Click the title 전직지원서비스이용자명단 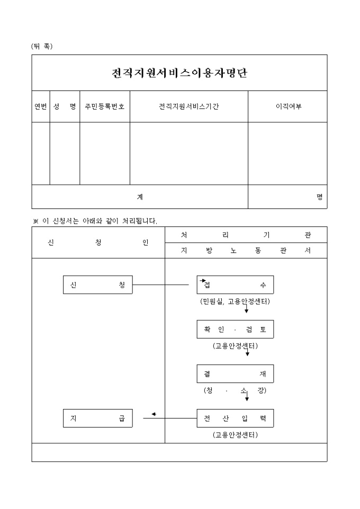[179, 73]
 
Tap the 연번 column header [41, 106]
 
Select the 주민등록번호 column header [105, 106]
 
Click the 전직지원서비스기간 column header [189, 106]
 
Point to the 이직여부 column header [287, 106]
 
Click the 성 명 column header [65, 106]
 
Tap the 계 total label [140, 197]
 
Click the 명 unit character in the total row [319, 197]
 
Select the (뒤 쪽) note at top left [42, 46]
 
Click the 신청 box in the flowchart [97, 285]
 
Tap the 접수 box [235, 285]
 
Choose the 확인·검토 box [235, 329]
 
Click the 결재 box [235, 374]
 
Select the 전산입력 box [235, 418]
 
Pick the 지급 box [97, 418]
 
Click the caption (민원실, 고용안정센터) [235, 302]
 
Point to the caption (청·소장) [235, 390]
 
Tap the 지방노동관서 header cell [246, 251]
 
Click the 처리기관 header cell [246, 234]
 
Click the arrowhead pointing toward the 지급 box [153, 414]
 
